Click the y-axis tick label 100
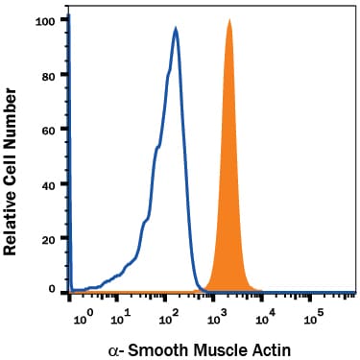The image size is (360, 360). (46, 22)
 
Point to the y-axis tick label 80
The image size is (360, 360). (49, 77)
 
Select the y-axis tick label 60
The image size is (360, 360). (49, 131)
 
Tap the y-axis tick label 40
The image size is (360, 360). (49, 185)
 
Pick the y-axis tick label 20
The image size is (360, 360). (49, 240)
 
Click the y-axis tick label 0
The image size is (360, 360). (52, 289)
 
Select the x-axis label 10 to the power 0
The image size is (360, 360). (84, 318)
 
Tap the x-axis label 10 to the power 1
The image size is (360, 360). (121, 318)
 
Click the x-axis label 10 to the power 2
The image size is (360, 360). (169, 318)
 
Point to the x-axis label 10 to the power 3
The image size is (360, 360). (217, 318)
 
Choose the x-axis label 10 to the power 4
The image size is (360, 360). (266, 318)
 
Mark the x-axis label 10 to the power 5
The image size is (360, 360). (314, 318)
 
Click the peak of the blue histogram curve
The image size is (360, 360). (176, 28)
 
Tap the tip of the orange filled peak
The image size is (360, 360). (229, 20)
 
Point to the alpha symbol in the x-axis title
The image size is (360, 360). (113, 351)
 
